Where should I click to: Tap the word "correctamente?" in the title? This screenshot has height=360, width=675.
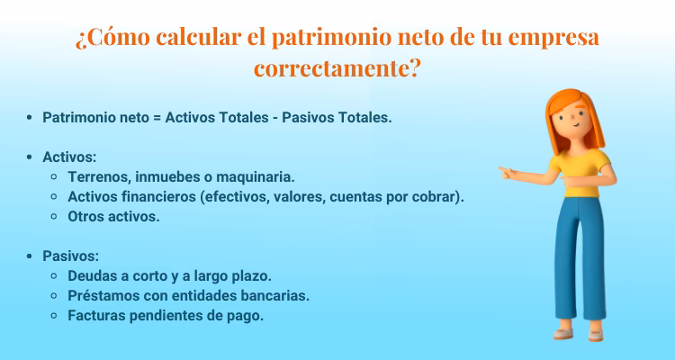(337, 68)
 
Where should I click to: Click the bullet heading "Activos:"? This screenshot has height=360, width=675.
(69, 157)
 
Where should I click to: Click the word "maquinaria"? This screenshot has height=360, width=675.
(258, 176)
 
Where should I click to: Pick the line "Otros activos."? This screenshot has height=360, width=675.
(113, 216)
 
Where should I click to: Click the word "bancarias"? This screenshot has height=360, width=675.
(278, 295)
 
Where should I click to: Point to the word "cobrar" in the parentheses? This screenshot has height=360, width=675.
(435, 196)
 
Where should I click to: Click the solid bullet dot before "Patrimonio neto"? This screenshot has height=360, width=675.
(31, 118)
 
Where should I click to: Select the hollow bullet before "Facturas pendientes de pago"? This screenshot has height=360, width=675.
(56, 315)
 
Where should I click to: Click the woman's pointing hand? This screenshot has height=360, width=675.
(509, 171)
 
